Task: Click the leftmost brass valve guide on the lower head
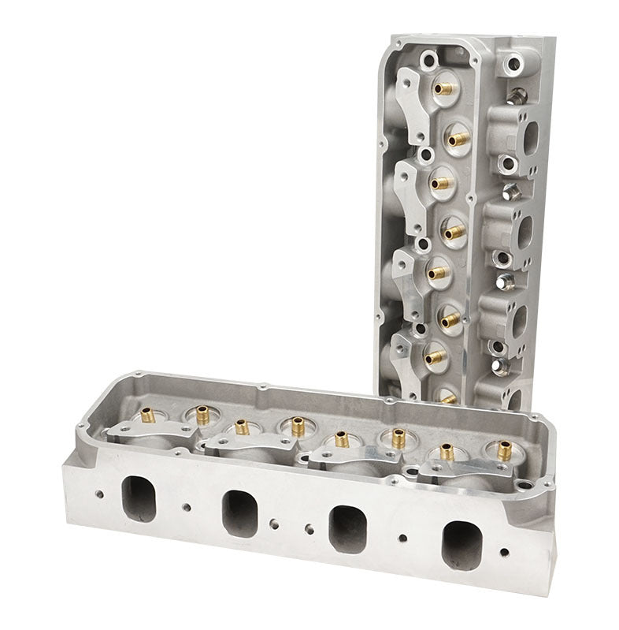click(x=146, y=414)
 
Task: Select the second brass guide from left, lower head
click(x=202, y=414)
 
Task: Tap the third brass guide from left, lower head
click(x=242, y=427)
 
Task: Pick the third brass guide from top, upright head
click(x=442, y=183)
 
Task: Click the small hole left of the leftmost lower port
click(x=98, y=494)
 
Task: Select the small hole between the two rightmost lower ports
click(x=402, y=538)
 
